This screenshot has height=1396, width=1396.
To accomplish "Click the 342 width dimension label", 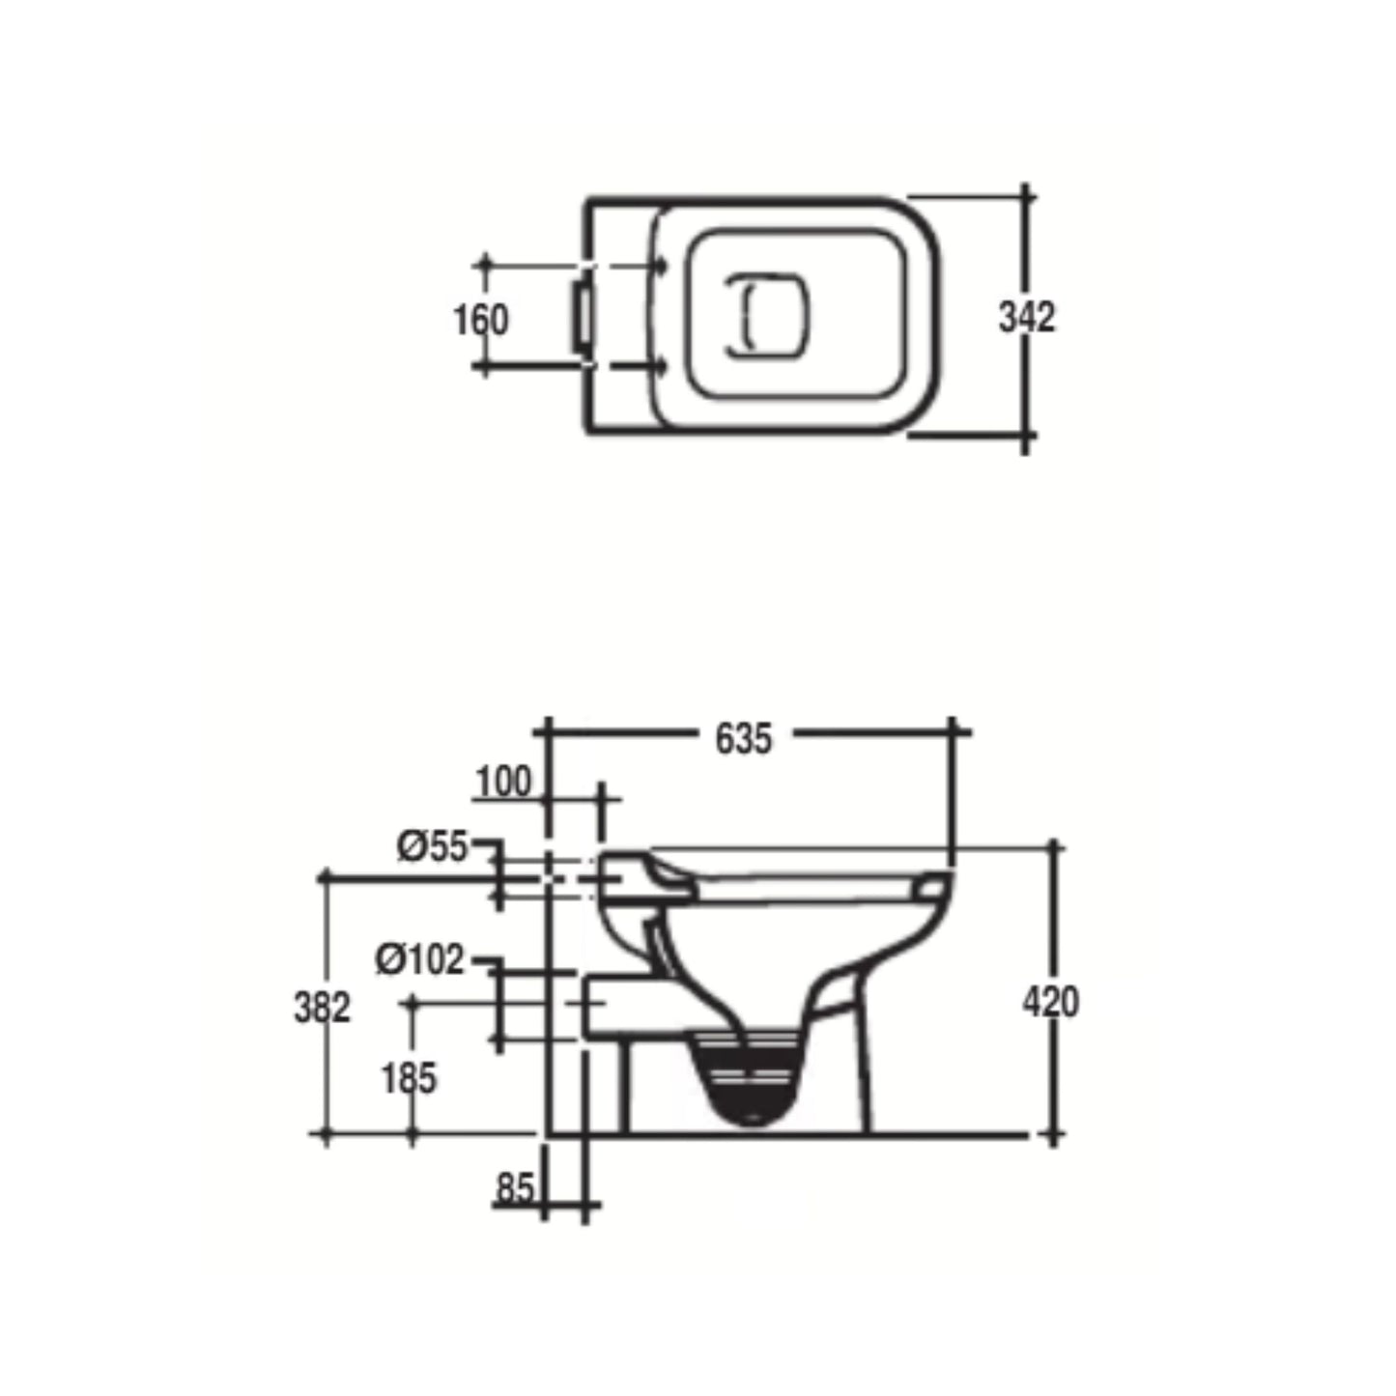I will pyautogui.click(x=1026, y=318).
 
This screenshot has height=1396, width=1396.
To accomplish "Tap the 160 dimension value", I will pyautogui.click(x=480, y=319).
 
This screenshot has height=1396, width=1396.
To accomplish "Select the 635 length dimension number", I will pyautogui.click(x=744, y=739).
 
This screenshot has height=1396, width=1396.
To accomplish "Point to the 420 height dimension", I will pyautogui.click(x=1050, y=1002).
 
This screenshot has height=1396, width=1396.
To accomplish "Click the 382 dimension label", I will pyautogui.click(x=322, y=1008).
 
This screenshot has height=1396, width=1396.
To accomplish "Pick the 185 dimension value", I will pyautogui.click(x=409, y=1078).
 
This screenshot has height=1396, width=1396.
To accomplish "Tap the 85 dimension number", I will pyautogui.click(x=514, y=1187).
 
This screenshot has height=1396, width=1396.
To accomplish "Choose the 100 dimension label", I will pyautogui.click(x=503, y=782).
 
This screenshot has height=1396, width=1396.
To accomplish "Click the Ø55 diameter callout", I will pyautogui.click(x=432, y=847).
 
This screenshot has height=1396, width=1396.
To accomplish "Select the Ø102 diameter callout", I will pyautogui.click(x=419, y=960).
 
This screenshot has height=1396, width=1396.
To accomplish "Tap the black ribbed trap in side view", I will pyautogui.click(x=750, y=1077).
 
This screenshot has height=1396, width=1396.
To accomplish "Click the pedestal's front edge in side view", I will pyautogui.click(x=863, y=1072).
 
